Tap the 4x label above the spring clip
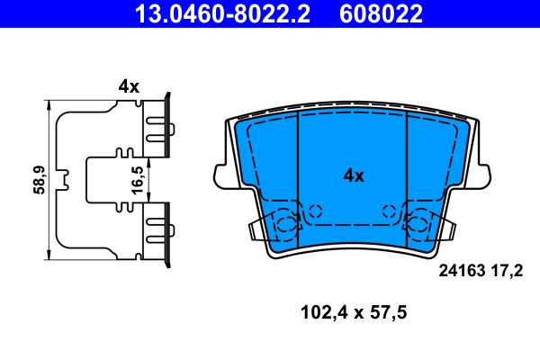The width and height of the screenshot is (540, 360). click(129, 86)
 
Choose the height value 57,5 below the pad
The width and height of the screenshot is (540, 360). click(388, 314)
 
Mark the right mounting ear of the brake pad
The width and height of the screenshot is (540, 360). click(485, 172)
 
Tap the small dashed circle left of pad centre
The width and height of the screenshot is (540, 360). click(314, 211)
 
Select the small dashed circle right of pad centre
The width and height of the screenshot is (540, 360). click(390, 211)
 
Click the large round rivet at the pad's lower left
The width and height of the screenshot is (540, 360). click(285, 224)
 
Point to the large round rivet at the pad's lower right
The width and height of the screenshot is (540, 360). click(418, 224)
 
